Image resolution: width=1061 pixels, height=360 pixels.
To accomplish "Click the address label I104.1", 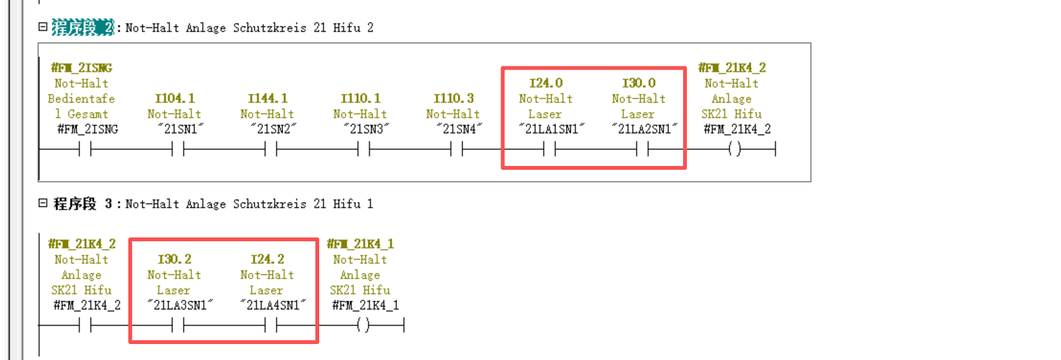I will point(174,98).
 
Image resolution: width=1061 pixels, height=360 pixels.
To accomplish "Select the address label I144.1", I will point(267,98).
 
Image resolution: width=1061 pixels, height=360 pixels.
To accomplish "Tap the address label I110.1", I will point(361,98).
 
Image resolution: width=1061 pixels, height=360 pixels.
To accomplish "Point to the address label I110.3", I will point(453,98).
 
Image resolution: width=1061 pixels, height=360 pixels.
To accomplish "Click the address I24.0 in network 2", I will point(546,83).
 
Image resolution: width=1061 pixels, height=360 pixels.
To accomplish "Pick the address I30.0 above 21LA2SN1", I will point(638,83).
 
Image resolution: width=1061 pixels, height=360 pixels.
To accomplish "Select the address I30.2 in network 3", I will point(174,259).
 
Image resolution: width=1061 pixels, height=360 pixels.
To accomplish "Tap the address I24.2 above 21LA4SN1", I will point(267,259).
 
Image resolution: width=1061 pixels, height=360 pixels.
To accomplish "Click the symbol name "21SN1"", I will point(181,129).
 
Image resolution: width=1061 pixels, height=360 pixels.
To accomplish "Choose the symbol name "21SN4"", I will point(459,129).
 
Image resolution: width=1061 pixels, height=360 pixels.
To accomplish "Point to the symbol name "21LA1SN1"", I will point(552,129).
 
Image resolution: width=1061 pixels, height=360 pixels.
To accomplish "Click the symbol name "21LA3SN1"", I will point(180,305).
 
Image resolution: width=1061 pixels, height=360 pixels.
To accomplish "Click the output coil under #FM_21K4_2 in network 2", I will point(735,149).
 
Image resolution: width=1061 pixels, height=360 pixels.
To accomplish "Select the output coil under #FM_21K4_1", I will point(363,326).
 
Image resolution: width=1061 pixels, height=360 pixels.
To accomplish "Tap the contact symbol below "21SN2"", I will point(271,149).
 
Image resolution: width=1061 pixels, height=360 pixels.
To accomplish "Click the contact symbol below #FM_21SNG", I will point(85,149).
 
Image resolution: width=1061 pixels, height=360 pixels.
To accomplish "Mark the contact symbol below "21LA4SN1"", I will point(271,326).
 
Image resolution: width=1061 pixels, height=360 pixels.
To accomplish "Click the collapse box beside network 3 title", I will point(43,203).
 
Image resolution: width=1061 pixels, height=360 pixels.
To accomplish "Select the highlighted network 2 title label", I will point(82,27).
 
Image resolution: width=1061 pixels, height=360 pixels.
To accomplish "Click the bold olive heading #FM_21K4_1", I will point(360,244).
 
